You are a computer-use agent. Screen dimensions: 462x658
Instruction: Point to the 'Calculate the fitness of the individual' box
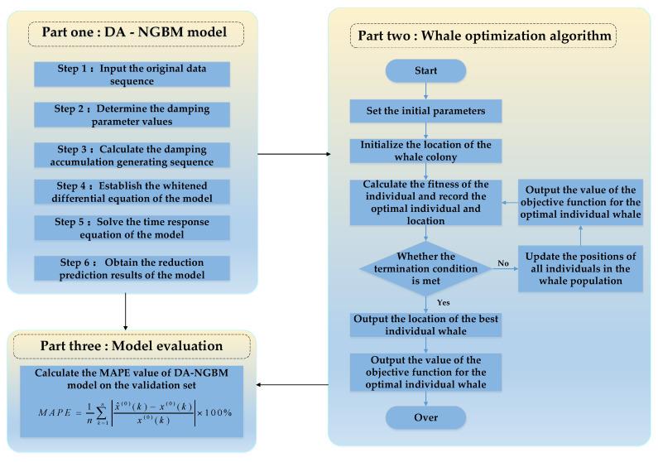[x=425, y=201]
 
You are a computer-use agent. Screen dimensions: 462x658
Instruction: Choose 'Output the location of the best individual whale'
[x=425, y=325]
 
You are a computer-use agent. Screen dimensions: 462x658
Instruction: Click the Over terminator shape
[x=425, y=416]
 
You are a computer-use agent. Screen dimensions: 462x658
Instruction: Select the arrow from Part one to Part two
[x=293, y=154]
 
